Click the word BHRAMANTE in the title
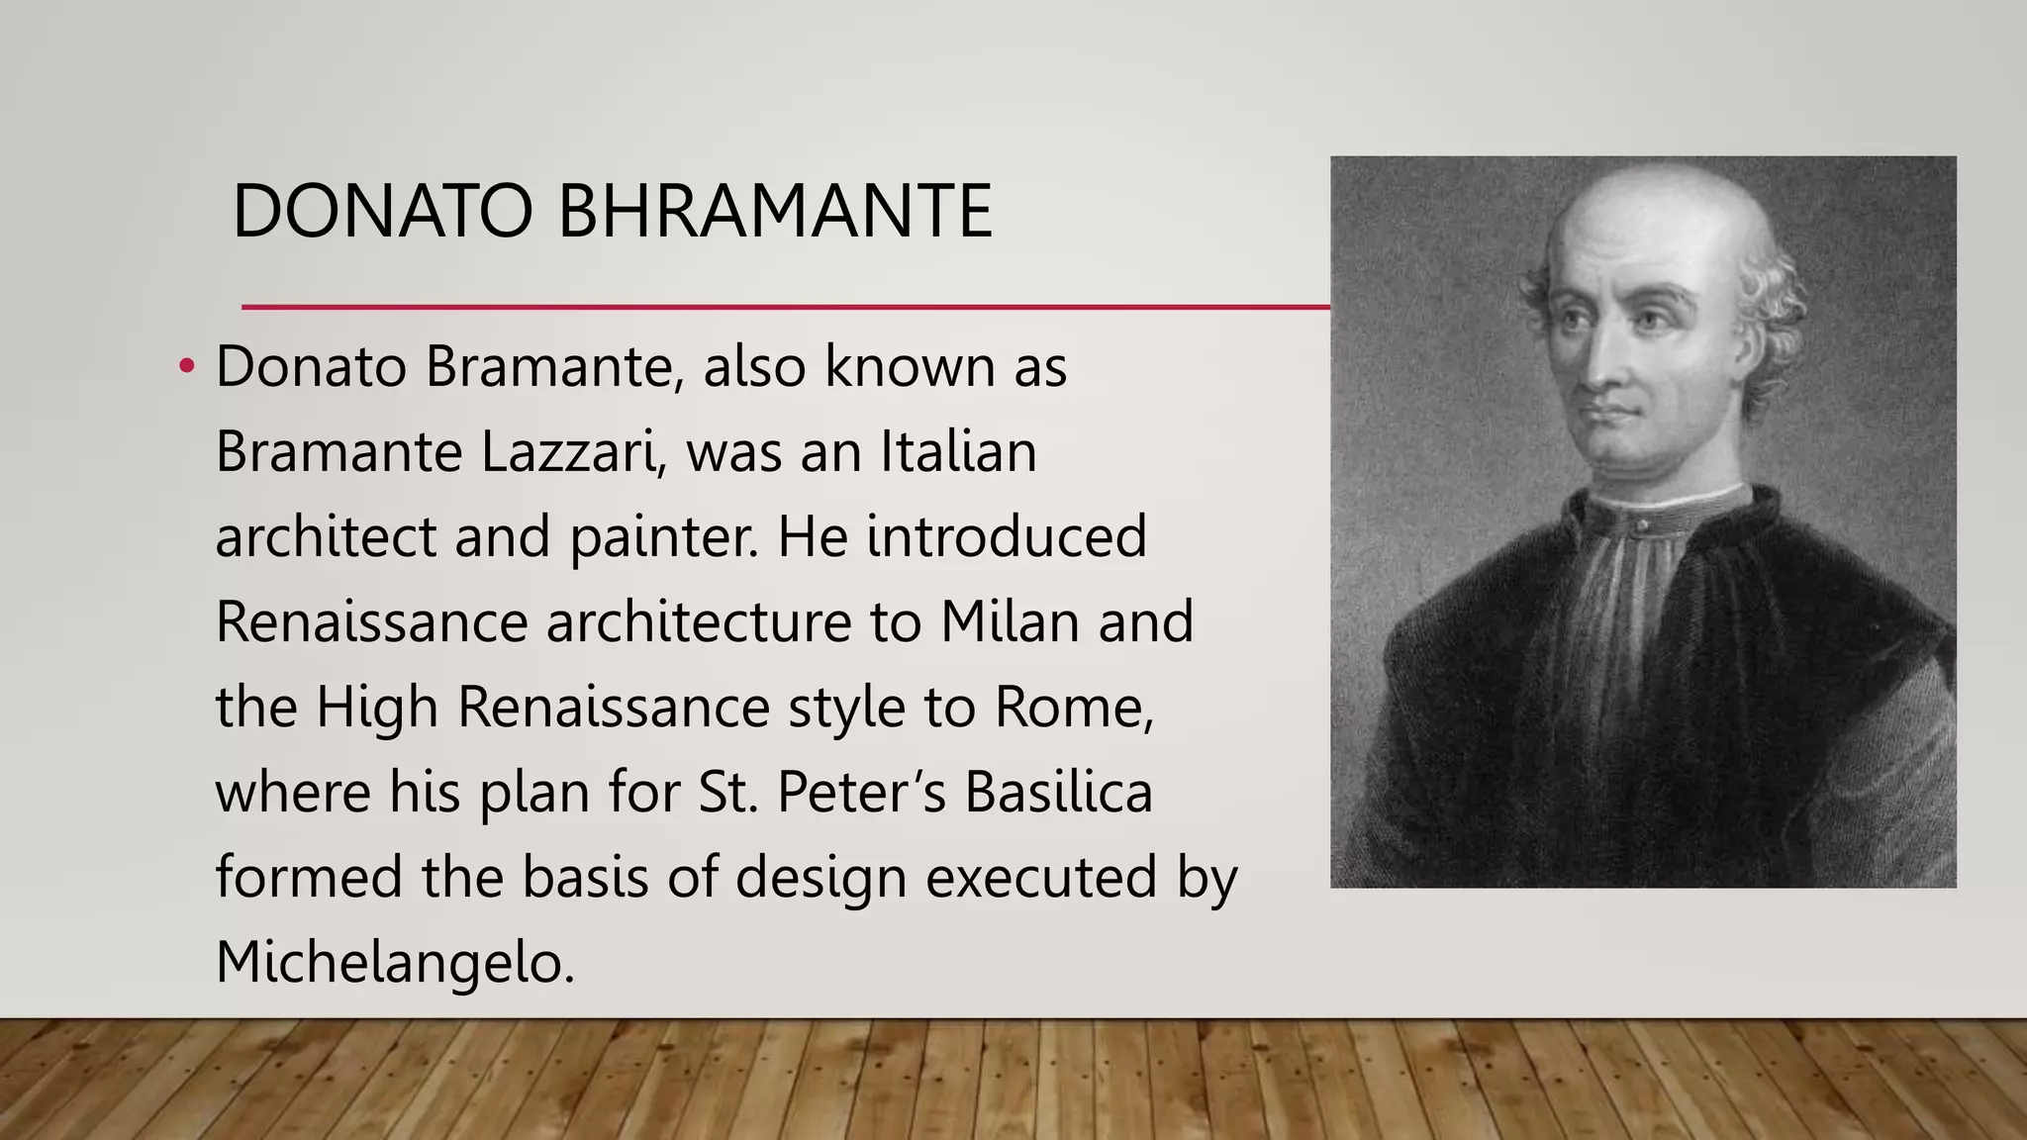tap(775, 213)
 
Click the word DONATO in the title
tap(382, 213)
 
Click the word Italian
tap(958, 453)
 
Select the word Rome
tap(1073, 709)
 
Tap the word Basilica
tap(1059, 794)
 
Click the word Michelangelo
tap(394, 964)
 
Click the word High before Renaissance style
tap(377, 709)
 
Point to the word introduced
tap(1007, 538)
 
